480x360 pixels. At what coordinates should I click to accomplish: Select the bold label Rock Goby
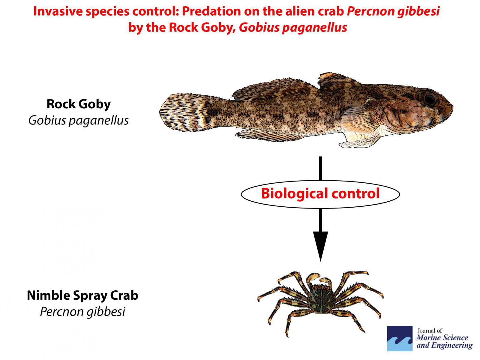click(79, 104)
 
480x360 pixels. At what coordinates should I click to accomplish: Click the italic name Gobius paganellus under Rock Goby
click(79, 120)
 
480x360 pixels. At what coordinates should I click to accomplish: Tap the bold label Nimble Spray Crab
click(83, 295)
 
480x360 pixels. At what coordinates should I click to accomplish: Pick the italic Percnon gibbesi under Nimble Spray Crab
click(83, 312)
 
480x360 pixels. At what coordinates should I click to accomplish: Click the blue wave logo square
click(400, 339)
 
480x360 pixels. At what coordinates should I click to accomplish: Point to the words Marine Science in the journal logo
click(442, 337)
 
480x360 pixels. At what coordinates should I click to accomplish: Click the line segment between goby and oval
click(321, 168)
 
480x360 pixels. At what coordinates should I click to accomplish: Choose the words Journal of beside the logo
click(430, 331)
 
